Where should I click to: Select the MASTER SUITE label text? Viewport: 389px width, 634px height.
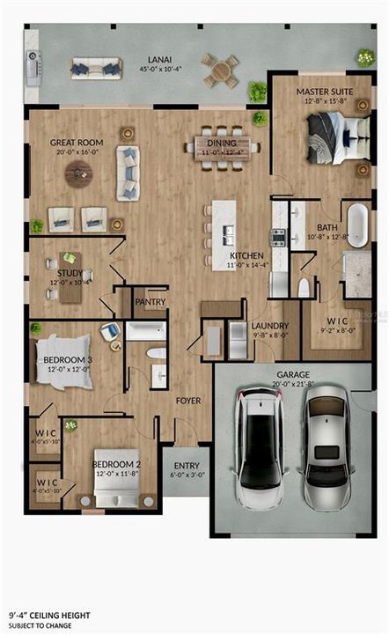(319, 91)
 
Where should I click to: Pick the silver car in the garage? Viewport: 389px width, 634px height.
(326, 449)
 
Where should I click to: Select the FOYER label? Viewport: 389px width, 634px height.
(188, 401)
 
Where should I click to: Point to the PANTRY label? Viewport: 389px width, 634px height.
(150, 302)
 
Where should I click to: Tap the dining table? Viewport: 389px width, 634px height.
(223, 148)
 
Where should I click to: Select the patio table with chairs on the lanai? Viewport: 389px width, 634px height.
(219, 69)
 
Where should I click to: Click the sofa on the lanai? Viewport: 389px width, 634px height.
(96, 68)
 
